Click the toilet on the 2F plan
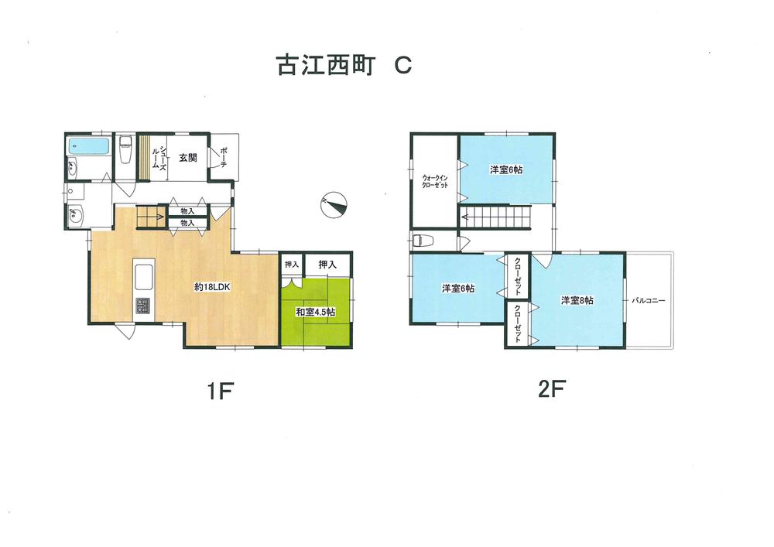[x=420, y=239]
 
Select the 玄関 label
[x=187, y=157]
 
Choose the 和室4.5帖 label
[x=315, y=312]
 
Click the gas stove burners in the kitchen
[x=144, y=304]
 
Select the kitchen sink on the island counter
[x=145, y=275]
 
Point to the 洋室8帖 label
[x=577, y=300]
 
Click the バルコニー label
[x=649, y=299]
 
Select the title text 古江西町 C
[x=344, y=66]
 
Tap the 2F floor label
[x=552, y=390]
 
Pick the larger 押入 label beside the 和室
[x=327, y=265]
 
